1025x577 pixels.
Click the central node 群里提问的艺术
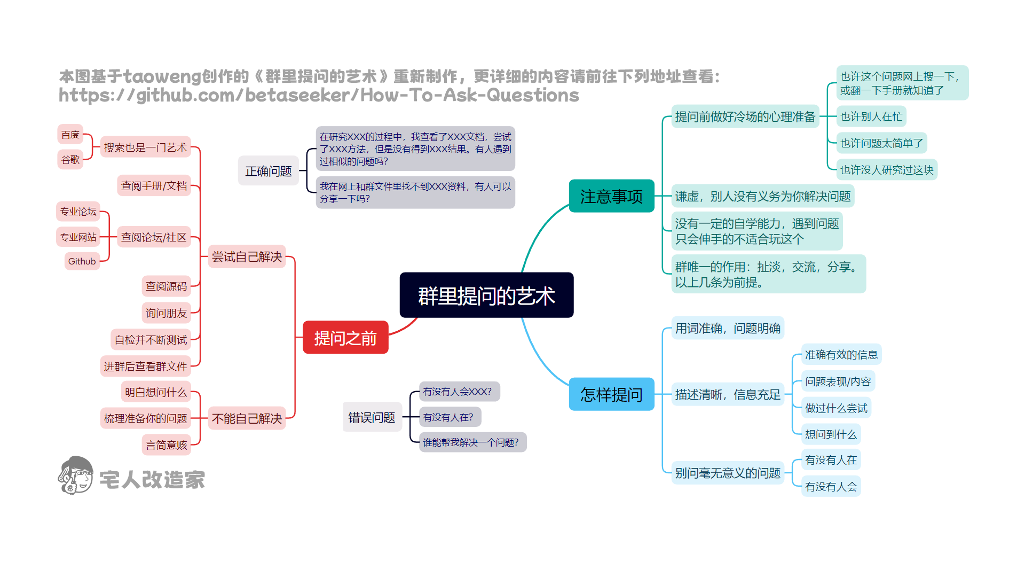pyautogui.click(x=486, y=295)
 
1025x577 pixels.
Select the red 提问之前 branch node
pyautogui.click(x=345, y=337)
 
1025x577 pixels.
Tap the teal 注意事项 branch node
pyautogui.click(x=611, y=196)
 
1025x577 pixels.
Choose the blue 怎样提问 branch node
pyautogui.click(x=611, y=394)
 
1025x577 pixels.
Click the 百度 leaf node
pyautogui.click(x=70, y=134)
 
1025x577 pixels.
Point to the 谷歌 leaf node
pyautogui.click(x=70, y=159)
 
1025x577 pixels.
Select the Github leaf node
pyautogui.click(x=82, y=261)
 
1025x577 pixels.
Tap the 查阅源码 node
pyautogui.click(x=167, y=286)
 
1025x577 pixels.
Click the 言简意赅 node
pyautogui.click(x=167, y=445)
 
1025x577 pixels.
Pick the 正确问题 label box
pyautogui.click(x=269, y=171)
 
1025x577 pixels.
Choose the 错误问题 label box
pyautogui.click(x=372, y=417)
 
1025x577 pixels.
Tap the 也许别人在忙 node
pyautogui.click(x=871, y=116)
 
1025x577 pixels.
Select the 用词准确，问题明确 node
pyautogui.click(x=728, y=328)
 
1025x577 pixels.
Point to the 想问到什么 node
pyautogui.click(x=831, y=434)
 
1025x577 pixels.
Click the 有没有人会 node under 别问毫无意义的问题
pyautogui.click(x=831, y=487)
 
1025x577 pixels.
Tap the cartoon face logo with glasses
pyautogui.click(x=76, y=475)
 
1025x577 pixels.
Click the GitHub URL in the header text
pyautogui.click(x=319, y=95)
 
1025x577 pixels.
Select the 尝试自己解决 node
pyautogui.click(x=247, y=256)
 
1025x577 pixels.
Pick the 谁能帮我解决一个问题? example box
pyautogui.click(x=472, y=442)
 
